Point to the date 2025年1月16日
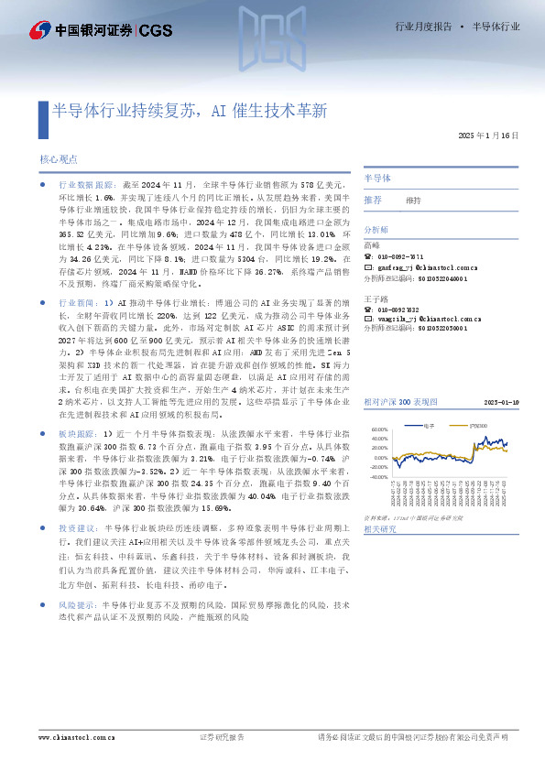click(x=489, y=136)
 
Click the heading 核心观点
click(x=59, y=158)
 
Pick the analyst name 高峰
click(x=371, y=244)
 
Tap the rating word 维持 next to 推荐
click(x=413, y=200)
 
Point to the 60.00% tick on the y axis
click(x=378, y=429)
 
